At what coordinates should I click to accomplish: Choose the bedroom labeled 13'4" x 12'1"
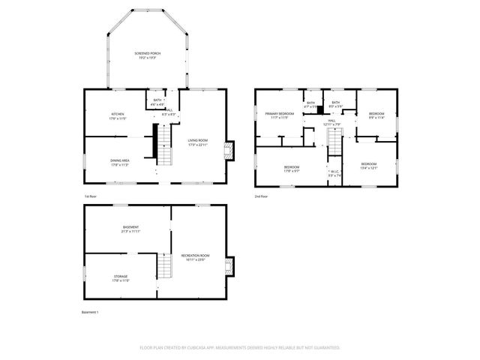coord(367,165)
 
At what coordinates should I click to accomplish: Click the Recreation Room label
coord(195,258)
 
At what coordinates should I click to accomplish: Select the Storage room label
coord(121,278)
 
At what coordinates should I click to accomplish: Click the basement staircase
coord(165,266)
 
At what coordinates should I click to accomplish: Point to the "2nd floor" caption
coord(262,196)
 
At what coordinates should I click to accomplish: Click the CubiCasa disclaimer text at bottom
coord(240,348)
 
